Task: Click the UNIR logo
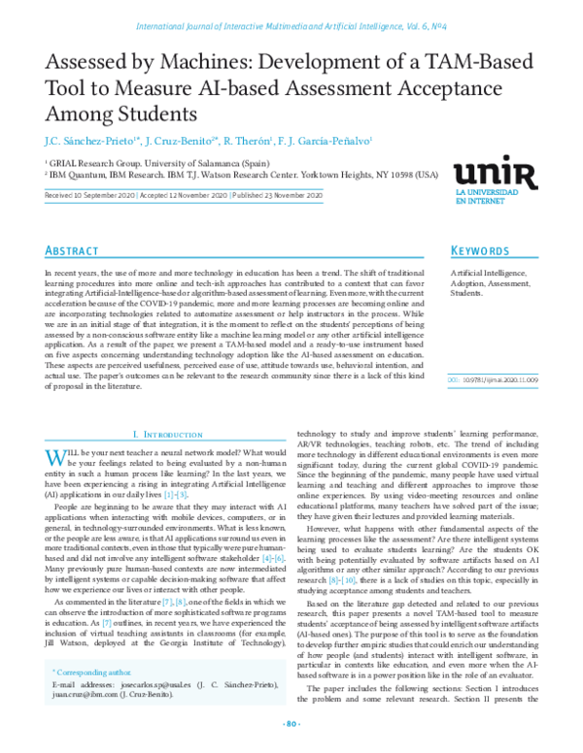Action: [495, 175]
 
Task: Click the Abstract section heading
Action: [72, 251]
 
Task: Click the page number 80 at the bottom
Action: [291, 724]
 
